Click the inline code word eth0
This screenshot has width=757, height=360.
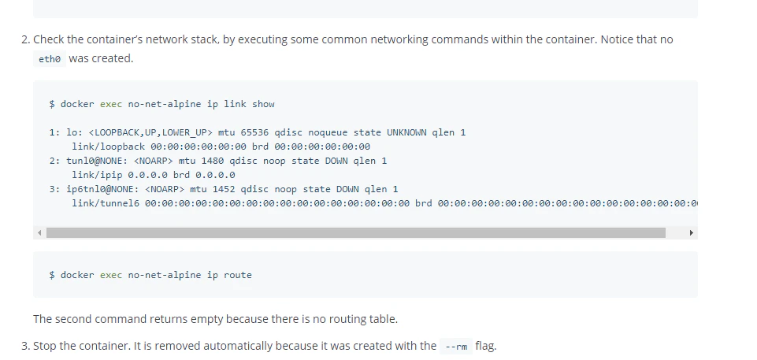click(50, 59)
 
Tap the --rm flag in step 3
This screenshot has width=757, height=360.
click(456, 347)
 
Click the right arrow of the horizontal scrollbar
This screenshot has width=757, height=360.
click(692, 232)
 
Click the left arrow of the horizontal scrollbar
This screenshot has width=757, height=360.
click(39, 232)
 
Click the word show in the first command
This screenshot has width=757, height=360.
click(263, 104)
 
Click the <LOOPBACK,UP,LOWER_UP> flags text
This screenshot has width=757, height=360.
click(151, 132)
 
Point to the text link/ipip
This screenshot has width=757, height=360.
click(98, 175)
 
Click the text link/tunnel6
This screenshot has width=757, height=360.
click(106, 204)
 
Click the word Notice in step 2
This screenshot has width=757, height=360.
click(617, 39)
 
